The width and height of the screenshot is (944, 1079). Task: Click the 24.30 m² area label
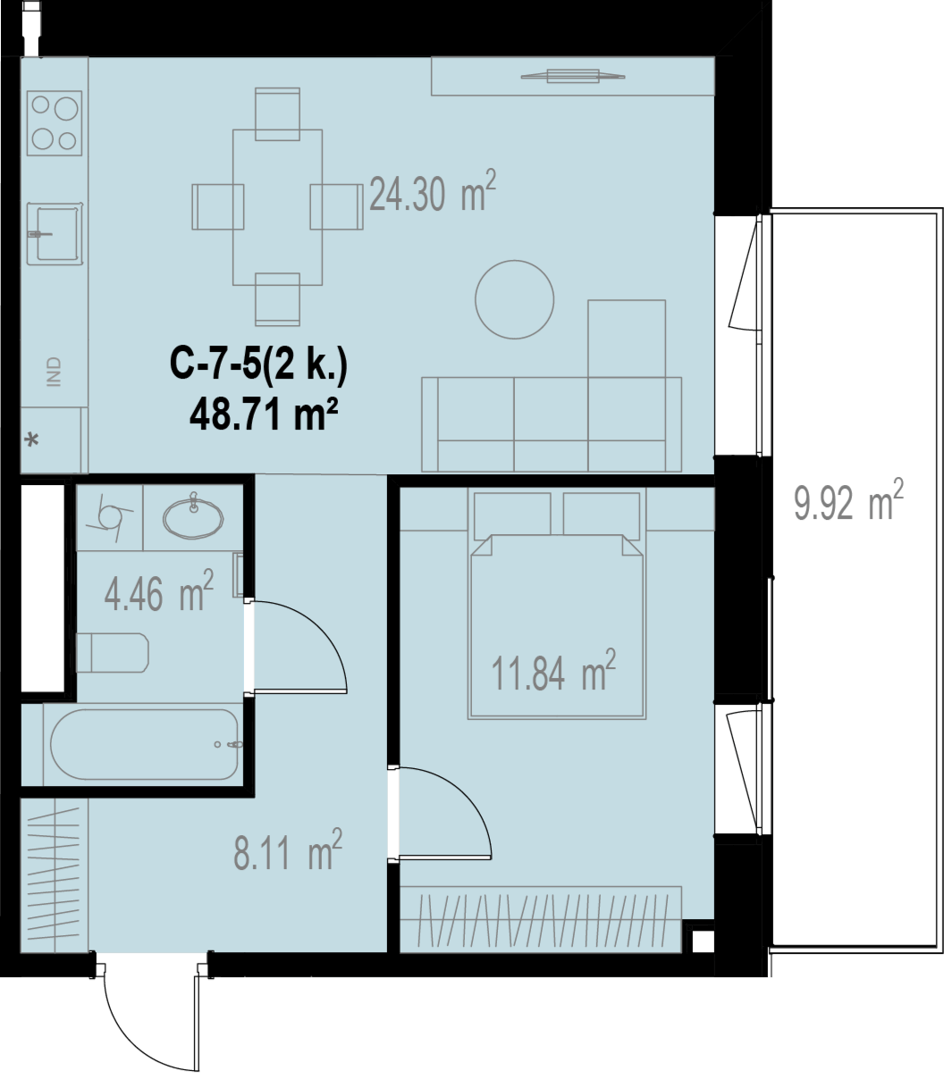click(433, 191)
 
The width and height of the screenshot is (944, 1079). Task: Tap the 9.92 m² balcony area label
click(848, 500)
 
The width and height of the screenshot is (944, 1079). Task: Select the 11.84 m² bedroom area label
click(553, 670)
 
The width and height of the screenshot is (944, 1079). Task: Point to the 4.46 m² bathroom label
click(159, 590)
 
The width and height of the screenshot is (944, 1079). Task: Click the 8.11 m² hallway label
click(288, 849)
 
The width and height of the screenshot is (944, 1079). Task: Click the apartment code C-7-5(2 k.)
click(258, 364)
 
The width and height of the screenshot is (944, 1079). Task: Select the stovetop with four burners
click(55, 123)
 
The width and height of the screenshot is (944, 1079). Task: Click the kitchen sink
click(55, 234)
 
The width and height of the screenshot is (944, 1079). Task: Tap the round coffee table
click(515, 299)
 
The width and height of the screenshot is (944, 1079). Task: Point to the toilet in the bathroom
click(113, 653)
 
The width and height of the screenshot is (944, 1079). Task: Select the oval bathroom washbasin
click(193, 518)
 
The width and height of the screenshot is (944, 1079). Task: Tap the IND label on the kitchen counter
click(54, 372)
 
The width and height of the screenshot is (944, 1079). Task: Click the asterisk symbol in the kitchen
click(32, 439)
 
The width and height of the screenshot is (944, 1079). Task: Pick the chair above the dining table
click(277, 114)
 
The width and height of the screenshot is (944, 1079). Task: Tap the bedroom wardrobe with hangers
click(541, 920)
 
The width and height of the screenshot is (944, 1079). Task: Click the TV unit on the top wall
click(573, 76)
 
